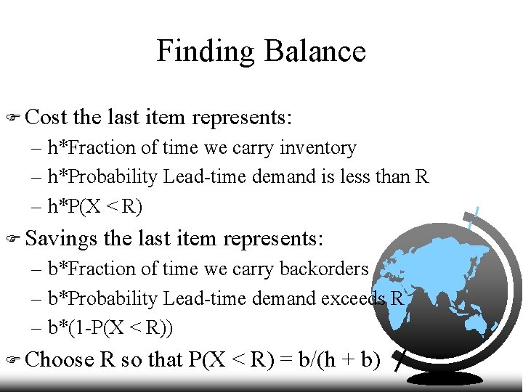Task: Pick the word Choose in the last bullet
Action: [x=60, y=359]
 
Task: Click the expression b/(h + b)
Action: [x=339, y=359]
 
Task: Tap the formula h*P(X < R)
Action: [x=95, y=208]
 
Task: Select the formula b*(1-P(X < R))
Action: [x=110, y=329]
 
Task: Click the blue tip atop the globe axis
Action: [x=475, y=216]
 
